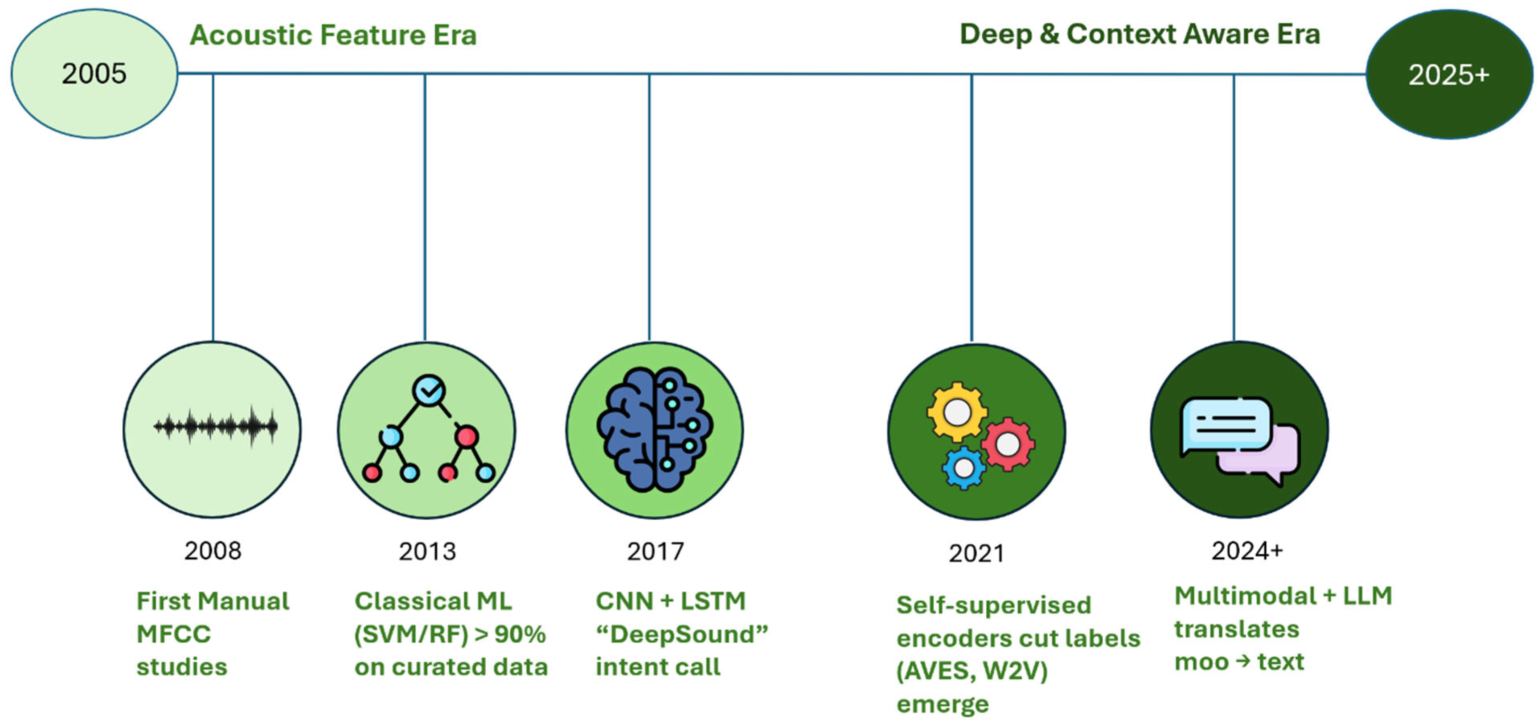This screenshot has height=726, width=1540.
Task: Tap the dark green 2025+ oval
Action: click(x=1449, y=75)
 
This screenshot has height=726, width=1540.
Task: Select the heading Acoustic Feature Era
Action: click(x=333, y=35)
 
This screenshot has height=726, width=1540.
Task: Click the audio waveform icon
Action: click(x=215, y=426)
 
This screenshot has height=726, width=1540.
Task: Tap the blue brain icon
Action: click(x=655, y=430)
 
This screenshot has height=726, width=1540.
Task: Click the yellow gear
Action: click(x=957, y=412)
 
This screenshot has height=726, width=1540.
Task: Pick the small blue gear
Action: click(x=963, y=468)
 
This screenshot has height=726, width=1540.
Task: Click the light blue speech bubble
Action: click(x=1226, y=424)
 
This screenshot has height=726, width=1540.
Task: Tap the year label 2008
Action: click(x=213, y=551)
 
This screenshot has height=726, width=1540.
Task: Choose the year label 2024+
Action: click(x=1247, y=550)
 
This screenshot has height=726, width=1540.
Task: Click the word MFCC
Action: click(x=173, y=634)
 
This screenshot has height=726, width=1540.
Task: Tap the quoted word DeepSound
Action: click(x=682, y=634)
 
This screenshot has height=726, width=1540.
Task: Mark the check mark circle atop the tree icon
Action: click(x=429, y=391)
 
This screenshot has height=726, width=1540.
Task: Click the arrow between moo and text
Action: click(x=1242, y=661)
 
